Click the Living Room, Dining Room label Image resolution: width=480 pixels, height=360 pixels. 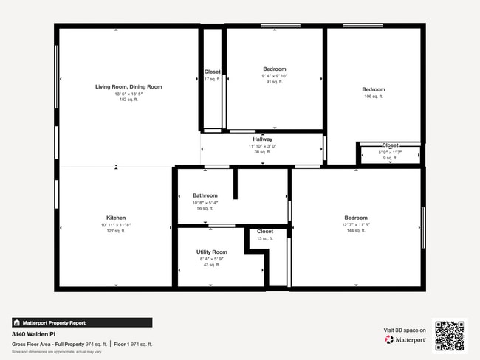click(128, 87)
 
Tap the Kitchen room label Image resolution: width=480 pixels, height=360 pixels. click(116, 218)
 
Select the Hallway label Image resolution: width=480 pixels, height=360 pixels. click(263, 139)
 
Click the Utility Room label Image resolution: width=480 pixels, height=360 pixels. click(212, 252)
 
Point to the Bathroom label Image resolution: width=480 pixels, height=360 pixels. click(205, 195)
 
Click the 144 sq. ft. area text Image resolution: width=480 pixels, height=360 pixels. click(356, 231)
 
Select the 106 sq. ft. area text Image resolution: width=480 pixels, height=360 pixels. click(373, 97)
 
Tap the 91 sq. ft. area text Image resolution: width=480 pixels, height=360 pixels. click(274, 82)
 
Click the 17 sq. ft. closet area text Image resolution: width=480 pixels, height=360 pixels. click(212, 79)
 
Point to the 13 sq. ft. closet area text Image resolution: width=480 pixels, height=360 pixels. click(264, 238)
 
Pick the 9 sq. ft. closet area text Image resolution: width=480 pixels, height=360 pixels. click(390, 158)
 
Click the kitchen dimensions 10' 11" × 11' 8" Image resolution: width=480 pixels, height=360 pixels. click(116, 225)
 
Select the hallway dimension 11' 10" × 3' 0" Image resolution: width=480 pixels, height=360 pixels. click(263, 146)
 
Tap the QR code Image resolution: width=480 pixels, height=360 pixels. click(450, 336)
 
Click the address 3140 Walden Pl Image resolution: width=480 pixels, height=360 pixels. click(34, 334)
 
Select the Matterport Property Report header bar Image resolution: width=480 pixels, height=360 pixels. click(82, 322)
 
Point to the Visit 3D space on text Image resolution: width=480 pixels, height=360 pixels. click(405, 330)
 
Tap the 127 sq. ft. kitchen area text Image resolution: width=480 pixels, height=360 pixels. click(116, 231)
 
